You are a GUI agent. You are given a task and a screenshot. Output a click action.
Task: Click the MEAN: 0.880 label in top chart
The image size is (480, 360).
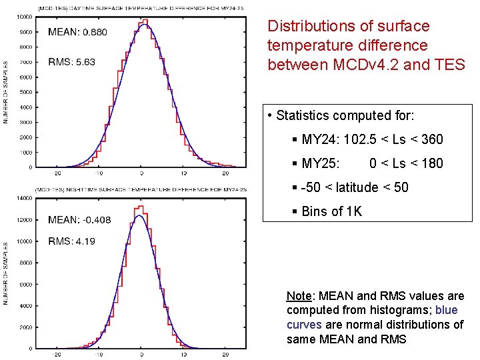[77, 31]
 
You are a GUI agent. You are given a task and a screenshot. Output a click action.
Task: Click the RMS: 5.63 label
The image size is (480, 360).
[71, 62]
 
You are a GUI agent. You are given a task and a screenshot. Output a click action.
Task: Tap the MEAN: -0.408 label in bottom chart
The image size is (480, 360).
[79, 220]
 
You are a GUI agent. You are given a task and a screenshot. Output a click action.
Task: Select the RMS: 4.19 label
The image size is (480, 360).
[71, 241]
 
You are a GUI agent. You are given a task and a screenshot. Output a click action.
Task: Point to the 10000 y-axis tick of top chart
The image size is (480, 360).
[26, 17]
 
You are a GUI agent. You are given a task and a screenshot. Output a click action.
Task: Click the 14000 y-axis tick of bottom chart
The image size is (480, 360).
[25, 198]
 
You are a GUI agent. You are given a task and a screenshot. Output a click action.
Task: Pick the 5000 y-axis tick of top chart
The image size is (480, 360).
[27, 92]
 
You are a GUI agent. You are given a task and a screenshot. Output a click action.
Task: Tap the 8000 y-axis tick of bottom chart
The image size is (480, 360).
[26, 263]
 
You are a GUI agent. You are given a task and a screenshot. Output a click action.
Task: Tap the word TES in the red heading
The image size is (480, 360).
[451, 65]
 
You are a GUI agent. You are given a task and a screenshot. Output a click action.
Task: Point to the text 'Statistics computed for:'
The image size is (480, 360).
[345, 115]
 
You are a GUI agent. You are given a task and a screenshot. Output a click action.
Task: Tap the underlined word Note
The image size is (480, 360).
[298, 295]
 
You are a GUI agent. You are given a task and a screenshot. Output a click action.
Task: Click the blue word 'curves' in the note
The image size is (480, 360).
[304, 325]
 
